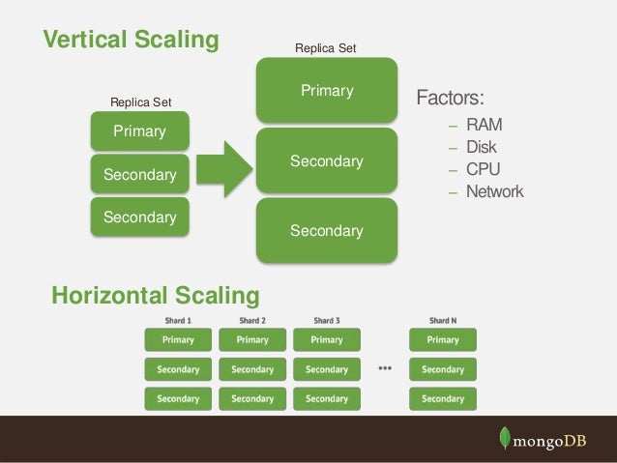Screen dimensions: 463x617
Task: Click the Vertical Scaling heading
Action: pos(131,40)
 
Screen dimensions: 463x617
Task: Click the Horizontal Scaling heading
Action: pos(155,295)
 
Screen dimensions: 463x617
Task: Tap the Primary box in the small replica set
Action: pos(139,130)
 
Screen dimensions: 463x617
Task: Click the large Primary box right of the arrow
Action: pos(327,91)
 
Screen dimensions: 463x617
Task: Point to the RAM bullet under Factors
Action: pos(484,126)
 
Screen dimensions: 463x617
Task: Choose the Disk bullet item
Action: pos(481,148)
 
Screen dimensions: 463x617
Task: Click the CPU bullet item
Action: pos(483,169)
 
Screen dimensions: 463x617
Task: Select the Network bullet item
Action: pos(494,191)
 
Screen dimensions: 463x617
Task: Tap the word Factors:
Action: pos(450,99)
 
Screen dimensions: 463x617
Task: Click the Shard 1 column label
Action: pos(177,321)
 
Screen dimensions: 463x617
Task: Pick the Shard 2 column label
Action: pos(252,321)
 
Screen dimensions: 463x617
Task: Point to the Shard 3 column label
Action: pos(327,321)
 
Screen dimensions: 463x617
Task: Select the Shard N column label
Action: pos(443,321)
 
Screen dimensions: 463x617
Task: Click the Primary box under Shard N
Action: pos(443,340)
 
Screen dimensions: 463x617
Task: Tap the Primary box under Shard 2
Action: pos(252,340)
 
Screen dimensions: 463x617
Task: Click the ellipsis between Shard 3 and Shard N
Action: pos(385,368)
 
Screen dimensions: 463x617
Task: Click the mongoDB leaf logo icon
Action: pos(504,438)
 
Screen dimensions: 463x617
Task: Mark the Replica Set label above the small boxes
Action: pos(140,101)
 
